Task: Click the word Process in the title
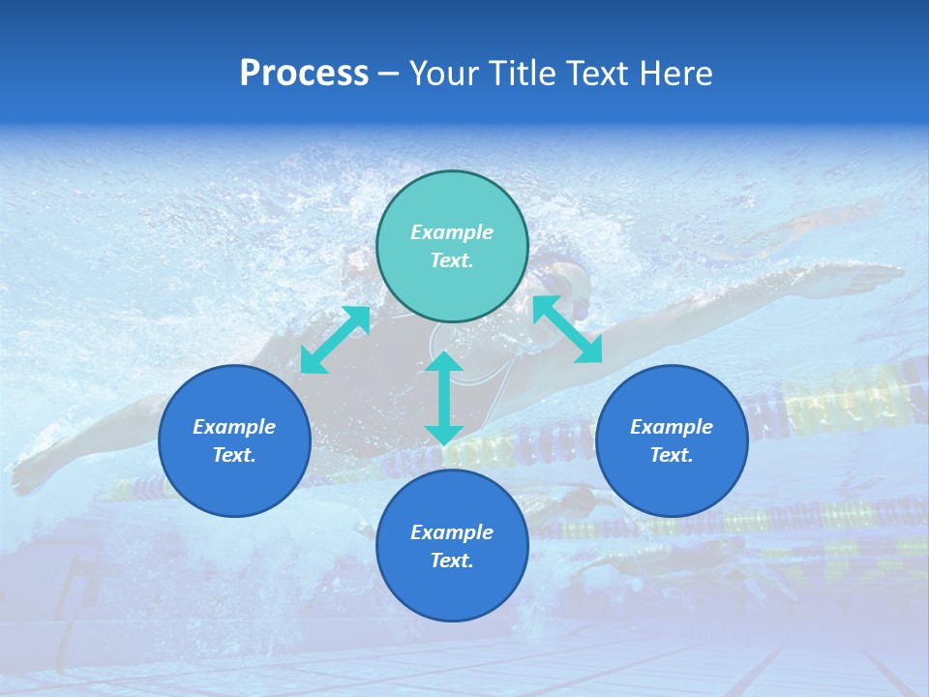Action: click(x=304, y=74)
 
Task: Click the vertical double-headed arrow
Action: click(x=444, y=398)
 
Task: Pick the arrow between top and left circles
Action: click(x=335, y=340)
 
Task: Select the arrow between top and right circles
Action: click(x=567, y=329)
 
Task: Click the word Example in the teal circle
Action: click(x=452, y=232)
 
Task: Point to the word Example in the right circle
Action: click(x=672, y=427)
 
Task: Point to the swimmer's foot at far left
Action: click(x=29, y=474)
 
